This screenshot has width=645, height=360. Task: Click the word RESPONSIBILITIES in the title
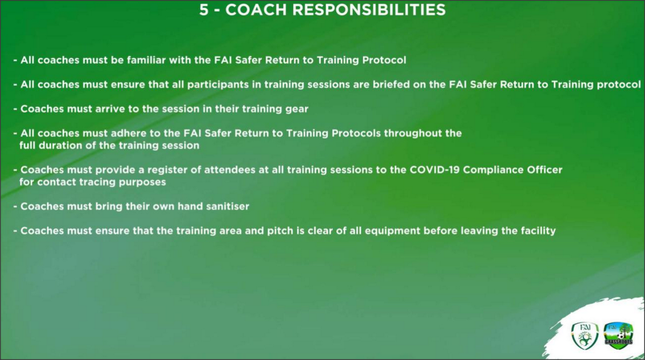coord(369,10)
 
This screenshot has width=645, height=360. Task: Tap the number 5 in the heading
coord(203,10)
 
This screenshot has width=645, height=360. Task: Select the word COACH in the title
coord(256,10)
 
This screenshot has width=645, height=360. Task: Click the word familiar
coord(146,60)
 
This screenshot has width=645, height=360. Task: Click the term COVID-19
coord(434,170)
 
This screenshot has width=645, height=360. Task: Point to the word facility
coord(538,231)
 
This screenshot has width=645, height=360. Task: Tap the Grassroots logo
coord(618,336)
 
